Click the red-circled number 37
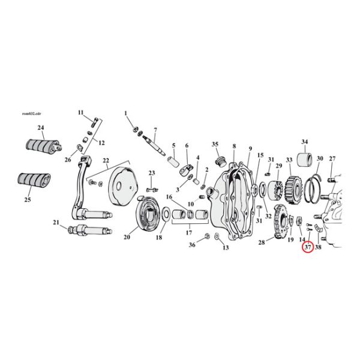(308, 247)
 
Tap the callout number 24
(41, 128)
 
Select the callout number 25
(28, 200)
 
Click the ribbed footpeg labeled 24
(43, 145)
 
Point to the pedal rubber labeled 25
(34, 181)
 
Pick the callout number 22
(106, 160)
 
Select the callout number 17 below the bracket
(189, 233)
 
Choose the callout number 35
(215, 144)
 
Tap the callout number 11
(80, 113)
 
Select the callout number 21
(56, 223)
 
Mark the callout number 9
(250, 149)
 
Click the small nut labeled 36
(207, 236)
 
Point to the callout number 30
(320, 158)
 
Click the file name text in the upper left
(31, 113)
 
